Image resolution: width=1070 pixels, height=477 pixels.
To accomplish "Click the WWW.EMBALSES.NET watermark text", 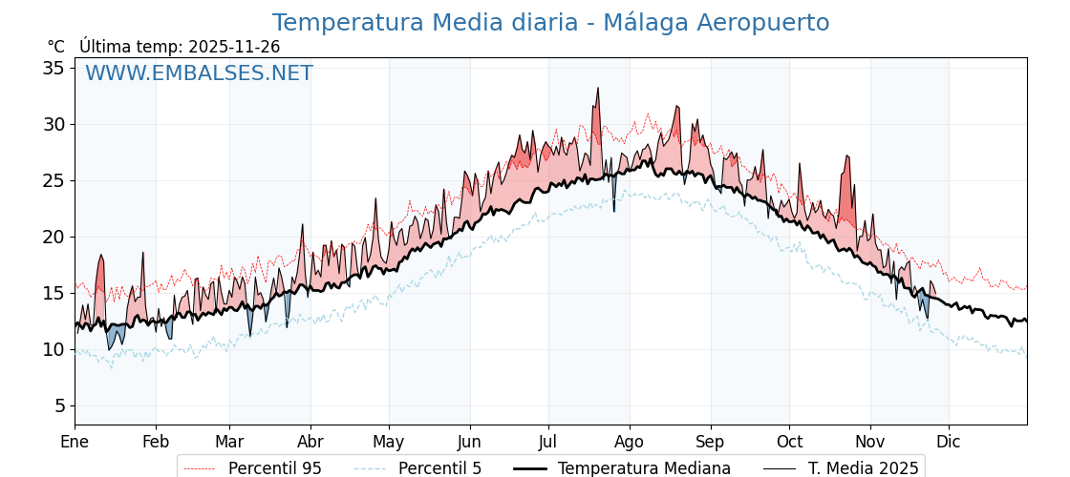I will [199, 73].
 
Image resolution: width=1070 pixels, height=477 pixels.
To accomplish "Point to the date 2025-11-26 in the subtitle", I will [234, 47].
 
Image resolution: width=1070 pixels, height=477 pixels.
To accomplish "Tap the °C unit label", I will [56, 47].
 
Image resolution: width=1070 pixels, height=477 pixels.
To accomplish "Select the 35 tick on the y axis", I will [53, 68].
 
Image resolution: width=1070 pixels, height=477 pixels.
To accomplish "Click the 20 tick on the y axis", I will [53, 237].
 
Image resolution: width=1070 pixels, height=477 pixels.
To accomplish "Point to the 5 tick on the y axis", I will [59, 405].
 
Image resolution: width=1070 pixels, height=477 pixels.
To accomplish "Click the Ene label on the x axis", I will [75, 442].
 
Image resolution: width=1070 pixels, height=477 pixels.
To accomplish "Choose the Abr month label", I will [310, 442].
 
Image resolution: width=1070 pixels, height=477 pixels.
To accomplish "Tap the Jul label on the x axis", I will [548, 442].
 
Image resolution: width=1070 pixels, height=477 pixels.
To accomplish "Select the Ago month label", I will [629, 442].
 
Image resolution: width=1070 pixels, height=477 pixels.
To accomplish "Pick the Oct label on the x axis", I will [789, 442].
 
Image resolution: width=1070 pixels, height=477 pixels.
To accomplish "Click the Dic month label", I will [949, 442].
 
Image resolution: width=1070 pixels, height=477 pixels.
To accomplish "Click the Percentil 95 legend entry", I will [275, 468].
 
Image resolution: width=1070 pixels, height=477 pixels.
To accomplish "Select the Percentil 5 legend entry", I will [439, 468].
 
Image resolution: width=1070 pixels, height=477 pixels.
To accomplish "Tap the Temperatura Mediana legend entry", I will [644, 468].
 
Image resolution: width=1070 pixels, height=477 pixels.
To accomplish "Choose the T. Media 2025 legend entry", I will [863, 468].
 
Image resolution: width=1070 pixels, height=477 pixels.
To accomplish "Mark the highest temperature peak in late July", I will [598, 89].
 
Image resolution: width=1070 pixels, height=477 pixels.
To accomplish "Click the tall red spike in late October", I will [846, 156].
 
